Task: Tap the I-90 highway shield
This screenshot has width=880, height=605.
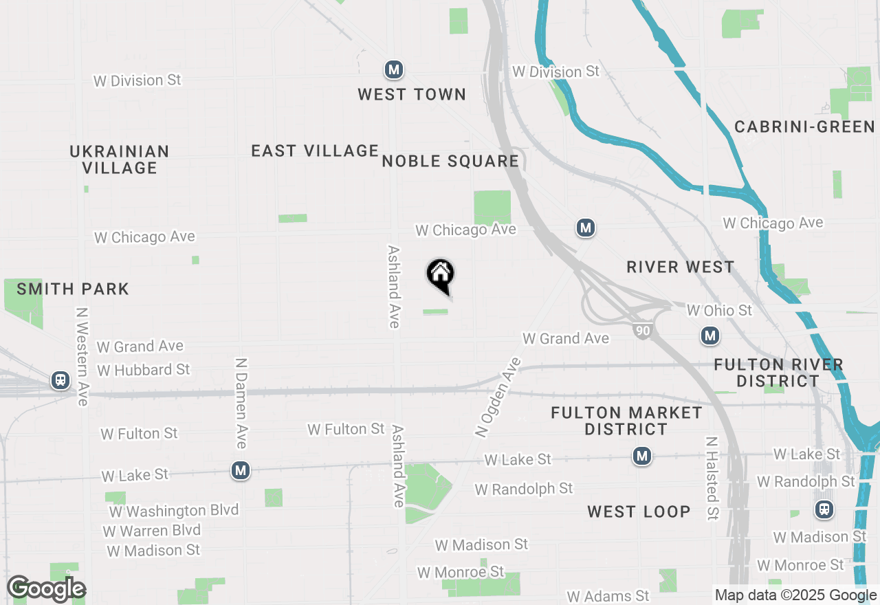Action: point(642,331)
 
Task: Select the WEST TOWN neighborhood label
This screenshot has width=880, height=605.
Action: point(412,95)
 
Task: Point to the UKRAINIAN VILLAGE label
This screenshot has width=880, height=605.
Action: point(120,159)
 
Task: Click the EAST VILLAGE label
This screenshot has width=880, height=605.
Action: point(315,151)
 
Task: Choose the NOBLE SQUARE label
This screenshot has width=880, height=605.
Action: point(450,162)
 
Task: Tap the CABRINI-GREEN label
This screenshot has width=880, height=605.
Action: point(804,126)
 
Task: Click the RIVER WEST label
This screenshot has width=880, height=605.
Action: point(681,267)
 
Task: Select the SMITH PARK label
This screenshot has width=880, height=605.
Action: point(73,289)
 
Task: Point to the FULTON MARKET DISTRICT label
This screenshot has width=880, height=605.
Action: point(626,421)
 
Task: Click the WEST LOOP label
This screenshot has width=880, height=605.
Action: point(639,511)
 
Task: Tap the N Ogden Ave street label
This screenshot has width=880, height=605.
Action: point(498,397)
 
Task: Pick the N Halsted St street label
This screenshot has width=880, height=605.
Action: point(712,478)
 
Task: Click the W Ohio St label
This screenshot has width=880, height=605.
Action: point(719,311)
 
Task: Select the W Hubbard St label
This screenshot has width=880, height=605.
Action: point(143,370)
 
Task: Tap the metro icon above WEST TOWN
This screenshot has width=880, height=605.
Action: point(393,69)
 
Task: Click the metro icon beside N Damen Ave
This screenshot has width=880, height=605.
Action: point(240,471)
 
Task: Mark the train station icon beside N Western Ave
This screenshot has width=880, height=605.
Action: point(60,380)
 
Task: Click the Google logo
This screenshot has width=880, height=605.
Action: point(46,589)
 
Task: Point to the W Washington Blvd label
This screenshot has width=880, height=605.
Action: point(174,511)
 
